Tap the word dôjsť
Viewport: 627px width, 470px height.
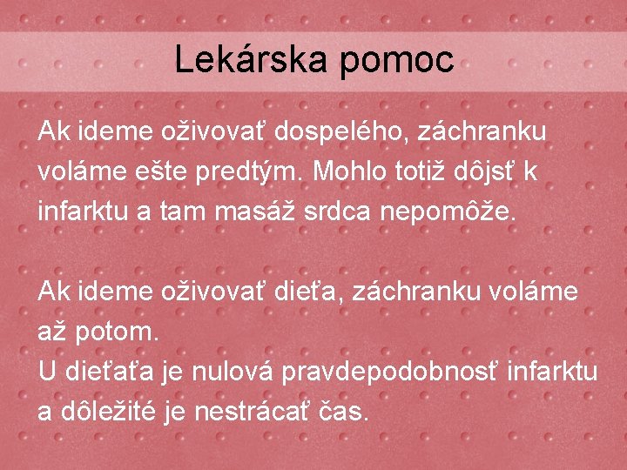click(x=492, y=172)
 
